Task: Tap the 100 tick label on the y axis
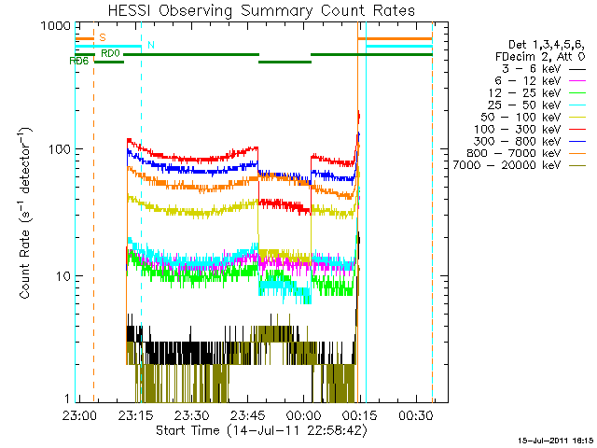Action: coord(58,149)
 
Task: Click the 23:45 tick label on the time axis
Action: coord(249,414)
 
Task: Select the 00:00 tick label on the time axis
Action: coord(305,414)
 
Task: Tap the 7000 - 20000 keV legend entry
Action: coord(519,164)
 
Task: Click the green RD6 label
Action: coord(79,61)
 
